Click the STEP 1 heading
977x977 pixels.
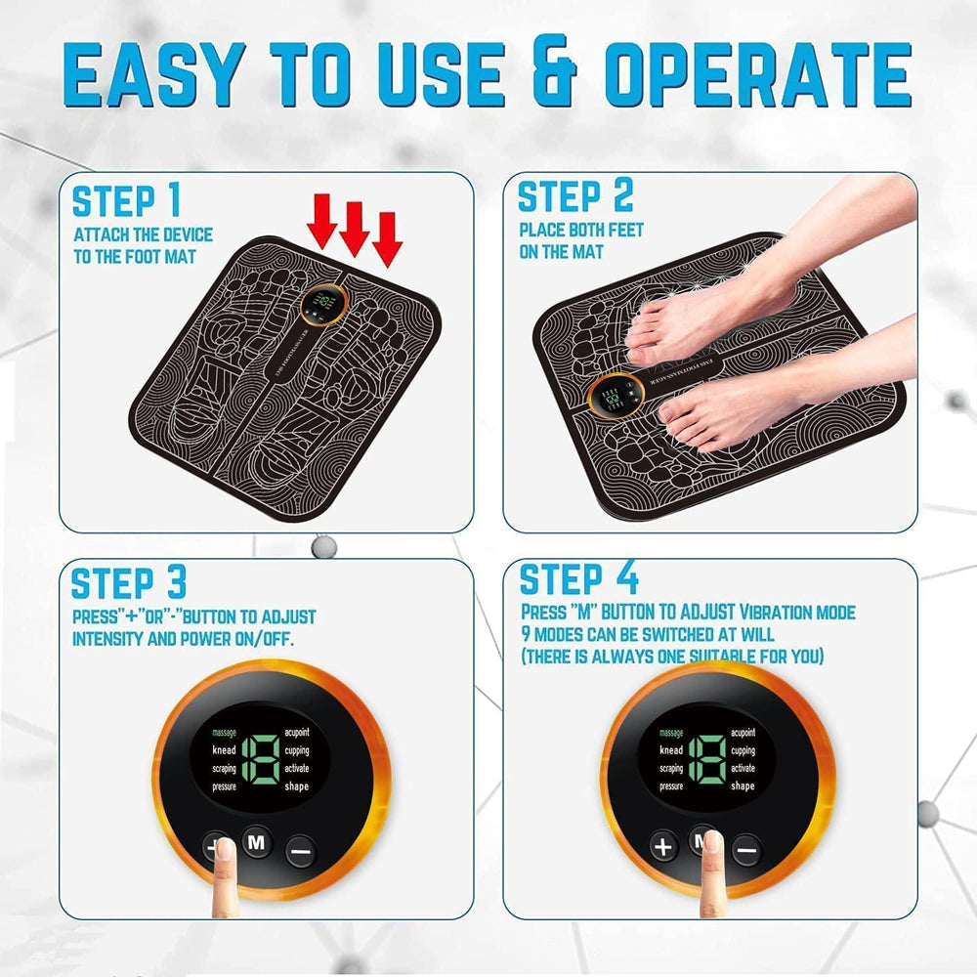(x=127, y=200)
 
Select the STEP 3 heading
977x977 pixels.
(x=128, y=582)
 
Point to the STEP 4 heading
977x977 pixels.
(x=578, y=578)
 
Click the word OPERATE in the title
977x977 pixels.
(x=757, y=75)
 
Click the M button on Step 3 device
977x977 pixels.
(x=256, y=843)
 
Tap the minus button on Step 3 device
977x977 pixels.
(x=301, y=851)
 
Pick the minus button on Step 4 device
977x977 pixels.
(x=745, y=850)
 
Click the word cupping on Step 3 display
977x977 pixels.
(x=296, y=750)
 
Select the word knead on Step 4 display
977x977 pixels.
(x=671, y=750)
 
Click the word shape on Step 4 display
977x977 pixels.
(x=743, y=786)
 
